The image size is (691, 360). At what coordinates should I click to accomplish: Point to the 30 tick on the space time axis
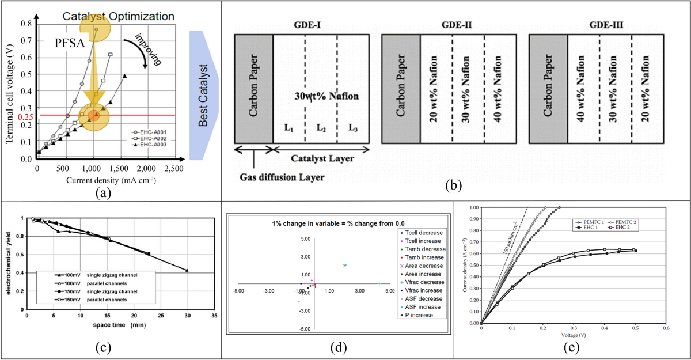187,316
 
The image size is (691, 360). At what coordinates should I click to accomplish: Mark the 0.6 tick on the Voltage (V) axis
665,328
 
